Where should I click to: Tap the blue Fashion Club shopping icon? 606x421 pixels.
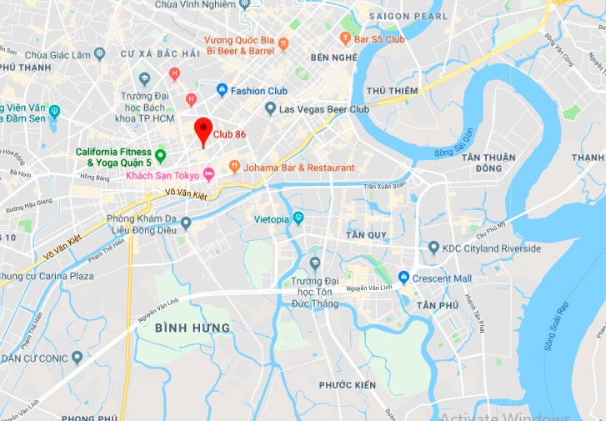[x=222, y=90]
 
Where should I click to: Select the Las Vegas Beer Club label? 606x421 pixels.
[x=324, y=109]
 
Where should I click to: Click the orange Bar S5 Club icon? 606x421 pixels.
[x=346, y=38]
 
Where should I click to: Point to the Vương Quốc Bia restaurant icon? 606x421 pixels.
[x=283, y=43]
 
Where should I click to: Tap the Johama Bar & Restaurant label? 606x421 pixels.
[x=298, y=168]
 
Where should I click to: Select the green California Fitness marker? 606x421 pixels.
[x=161, y=156]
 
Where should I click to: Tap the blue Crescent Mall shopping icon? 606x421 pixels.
[x=403, y=278]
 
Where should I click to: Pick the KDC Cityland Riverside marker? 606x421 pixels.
[x=433, y=248]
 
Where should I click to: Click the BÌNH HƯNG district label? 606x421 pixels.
[x=193, y=328]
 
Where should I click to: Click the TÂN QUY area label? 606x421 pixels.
[x=366, y=235]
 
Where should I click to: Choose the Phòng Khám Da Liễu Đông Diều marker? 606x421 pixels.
[x=186, y=223]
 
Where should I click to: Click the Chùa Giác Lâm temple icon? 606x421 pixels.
[x=100, y=54]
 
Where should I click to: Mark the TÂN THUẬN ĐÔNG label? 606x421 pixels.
[x=492, y=163]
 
